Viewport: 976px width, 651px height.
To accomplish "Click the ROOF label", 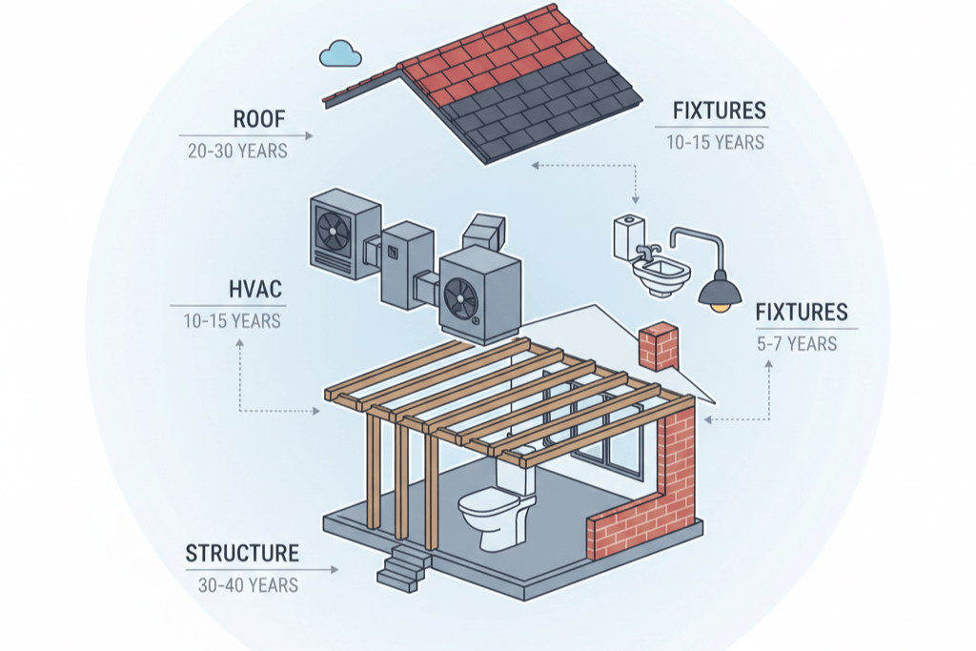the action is pos(259,119).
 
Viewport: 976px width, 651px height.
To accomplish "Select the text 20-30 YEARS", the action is pos(237,152).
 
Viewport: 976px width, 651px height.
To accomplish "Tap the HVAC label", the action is pos(255,290).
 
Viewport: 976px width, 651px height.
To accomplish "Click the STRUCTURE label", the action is pos(242,553).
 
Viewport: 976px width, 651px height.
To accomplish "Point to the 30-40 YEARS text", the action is pos(248,585).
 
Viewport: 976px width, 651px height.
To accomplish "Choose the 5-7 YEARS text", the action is pos(797,344).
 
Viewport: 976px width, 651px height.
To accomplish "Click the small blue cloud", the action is pos(340,53).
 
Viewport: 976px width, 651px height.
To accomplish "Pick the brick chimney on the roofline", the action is pos(658,347).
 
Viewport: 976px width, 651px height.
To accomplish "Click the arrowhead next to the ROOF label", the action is pos(309,135).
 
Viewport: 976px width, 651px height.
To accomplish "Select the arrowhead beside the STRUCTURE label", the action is pos(335,569).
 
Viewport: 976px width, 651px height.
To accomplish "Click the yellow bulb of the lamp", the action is pos(721,307).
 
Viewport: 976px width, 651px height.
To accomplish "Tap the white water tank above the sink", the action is pos(629,237).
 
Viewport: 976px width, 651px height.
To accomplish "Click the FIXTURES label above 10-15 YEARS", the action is pos(719,111).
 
